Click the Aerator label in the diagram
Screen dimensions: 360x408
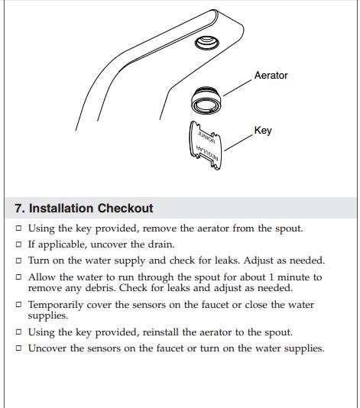pos(271,76)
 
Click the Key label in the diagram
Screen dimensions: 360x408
pos(263,131)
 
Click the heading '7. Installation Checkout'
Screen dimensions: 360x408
pos(84,208)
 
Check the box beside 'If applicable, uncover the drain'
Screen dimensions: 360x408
pos(18,244)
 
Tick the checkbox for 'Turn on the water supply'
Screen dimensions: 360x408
pos(18,261)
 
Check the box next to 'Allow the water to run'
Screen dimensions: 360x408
pos(18,277)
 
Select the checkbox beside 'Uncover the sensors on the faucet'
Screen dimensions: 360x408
pos(18,349)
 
